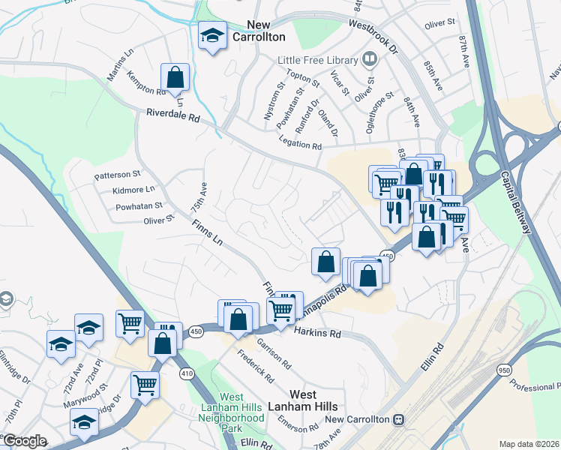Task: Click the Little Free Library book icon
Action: (370, 58)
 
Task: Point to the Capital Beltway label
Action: (517, 202)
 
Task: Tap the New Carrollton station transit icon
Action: (399, 419)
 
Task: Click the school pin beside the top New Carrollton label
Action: (212, 35)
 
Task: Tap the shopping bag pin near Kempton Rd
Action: (175, 76)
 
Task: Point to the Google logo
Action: (25, 440)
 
